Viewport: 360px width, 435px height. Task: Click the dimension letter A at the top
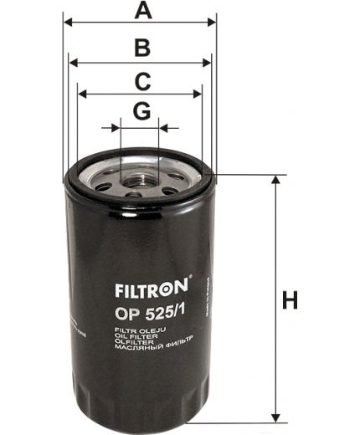click(x=143, y=11)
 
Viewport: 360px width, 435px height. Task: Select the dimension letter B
click(x=142, y=47)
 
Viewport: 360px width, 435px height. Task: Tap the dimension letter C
click(x=142, y=81)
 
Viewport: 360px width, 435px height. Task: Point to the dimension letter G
click(x=141, y=111)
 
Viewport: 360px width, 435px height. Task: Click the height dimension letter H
click(x=290, y=300)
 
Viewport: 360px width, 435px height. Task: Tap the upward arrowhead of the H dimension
click(x=274, y=181)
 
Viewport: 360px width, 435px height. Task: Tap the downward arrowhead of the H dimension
click(x=274, y=418)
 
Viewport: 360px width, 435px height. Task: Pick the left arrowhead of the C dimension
click(x=80, y=95)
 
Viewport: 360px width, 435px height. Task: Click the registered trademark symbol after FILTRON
click(x=191, y=279)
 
